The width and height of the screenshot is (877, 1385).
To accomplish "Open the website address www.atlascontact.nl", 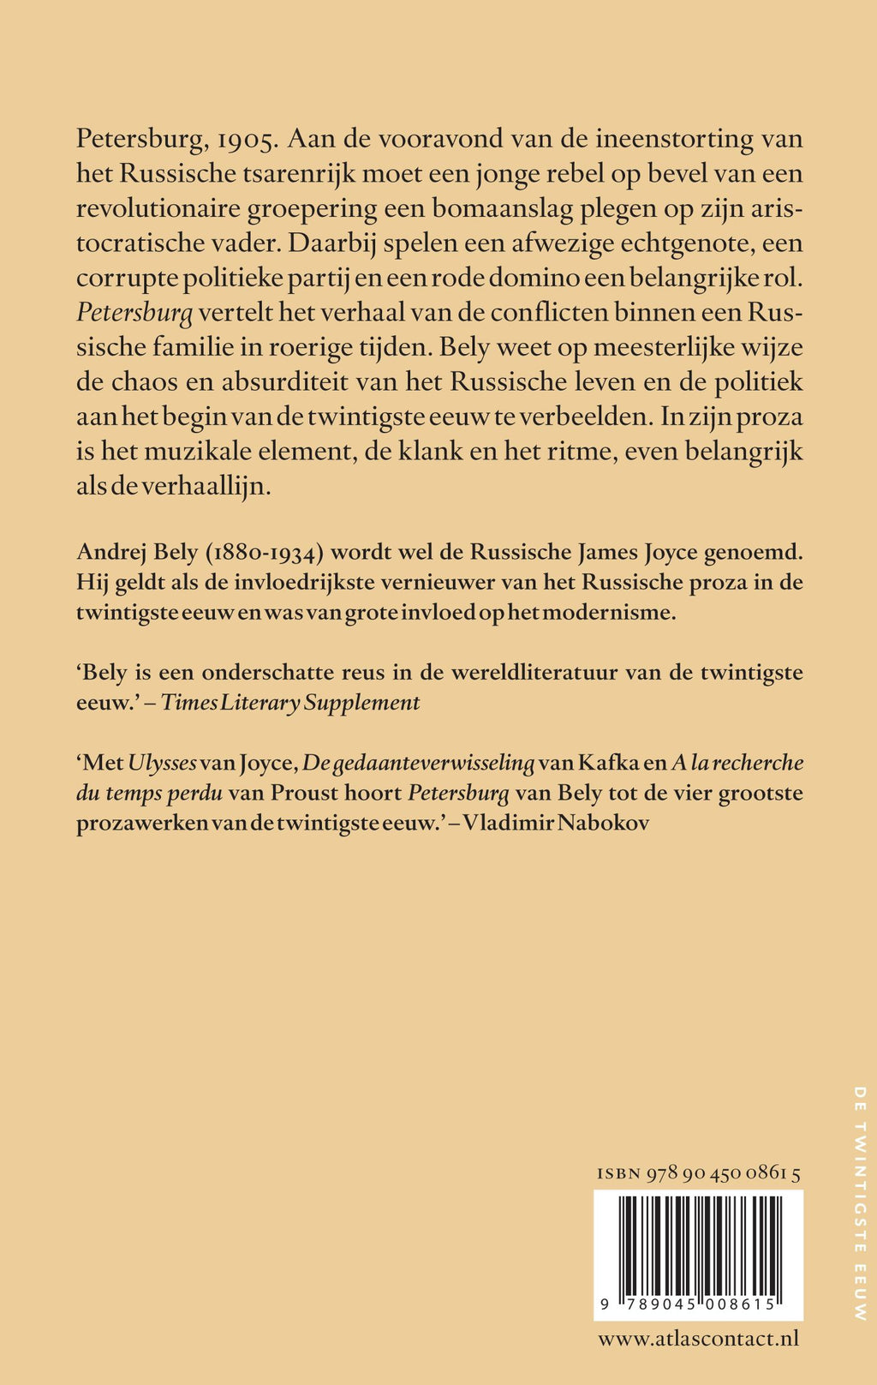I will click(x=698, y=1339).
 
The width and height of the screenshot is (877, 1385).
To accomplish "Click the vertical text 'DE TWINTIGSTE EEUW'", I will click(x=861, y=1203).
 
